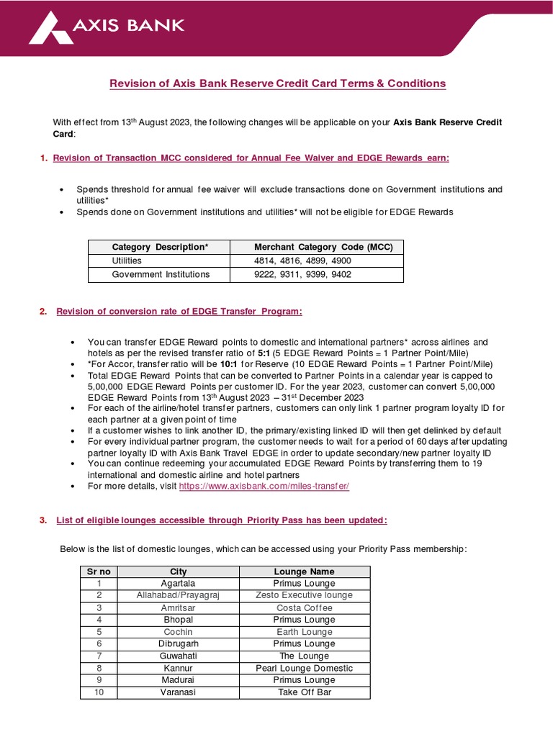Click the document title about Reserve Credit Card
pos(277,83)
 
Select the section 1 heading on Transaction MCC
pos(251,158)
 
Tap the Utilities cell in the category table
pos(127,261)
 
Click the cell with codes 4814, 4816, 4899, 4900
pos(302,261)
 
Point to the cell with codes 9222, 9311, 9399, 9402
pos(302,274)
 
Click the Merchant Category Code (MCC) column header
pos(324,247)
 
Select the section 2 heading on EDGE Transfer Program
pos(179,311)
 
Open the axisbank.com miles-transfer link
pos(264,487)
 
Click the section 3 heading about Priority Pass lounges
pos(222,520)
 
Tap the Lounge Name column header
pos(305,571)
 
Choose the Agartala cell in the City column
pos(178,584)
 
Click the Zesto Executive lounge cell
pos(305,595)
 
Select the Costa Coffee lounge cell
pos(305,607)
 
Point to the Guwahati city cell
pos(178,656)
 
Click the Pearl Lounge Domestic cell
pos(305,668)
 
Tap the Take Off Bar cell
pos(305,692)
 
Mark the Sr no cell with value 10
pos(99,692)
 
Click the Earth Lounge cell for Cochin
pos(305,632)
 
